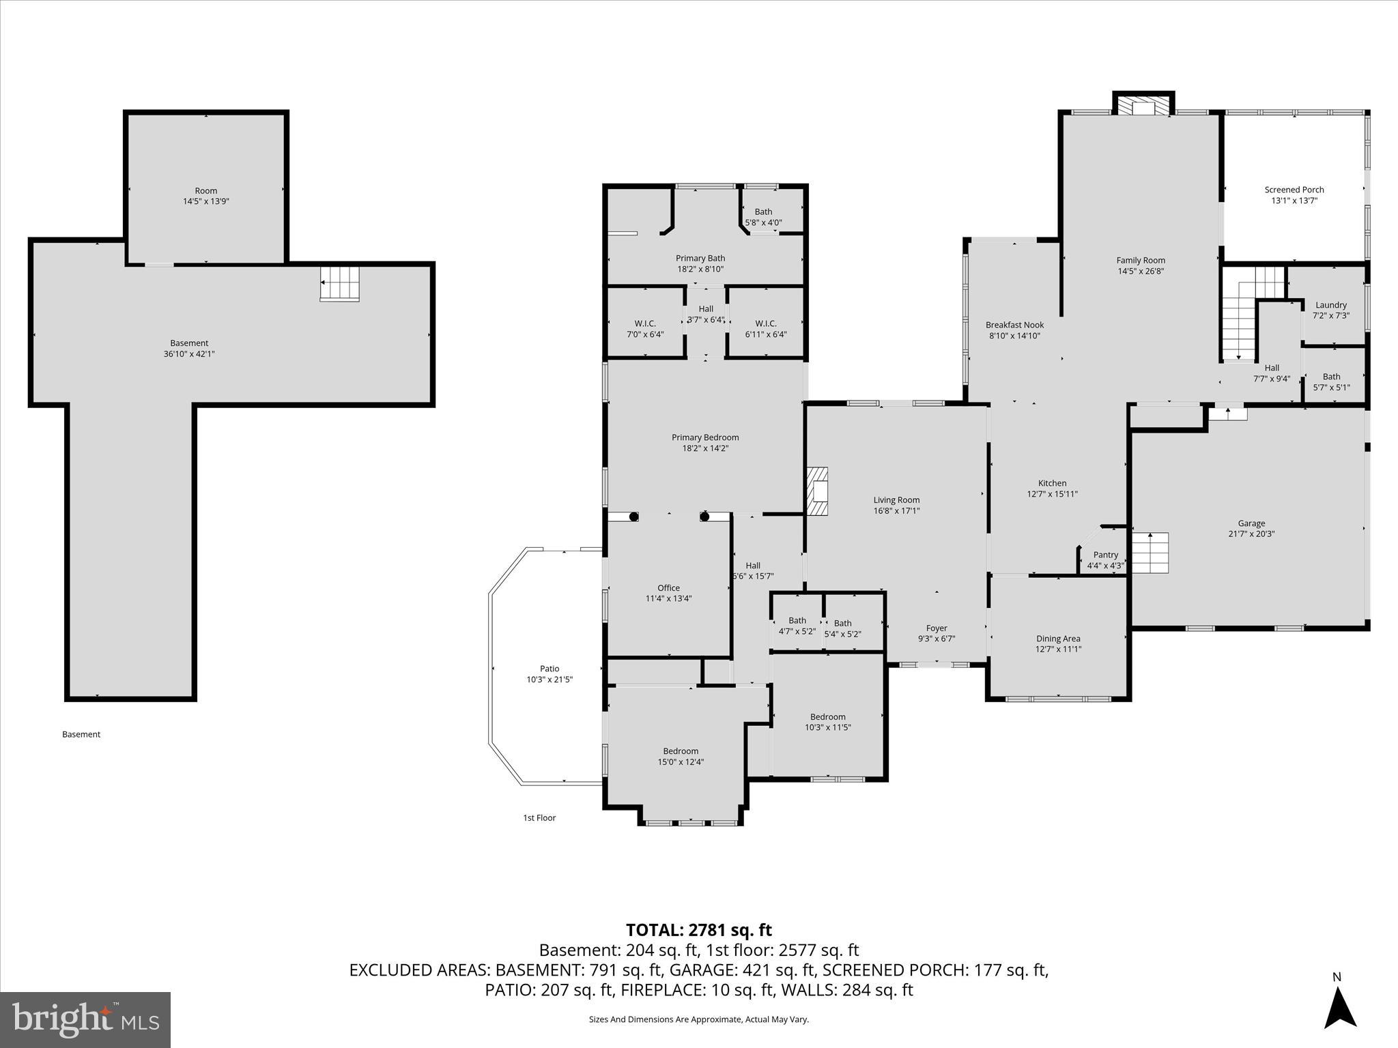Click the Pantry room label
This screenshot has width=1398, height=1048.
click(1105, 555)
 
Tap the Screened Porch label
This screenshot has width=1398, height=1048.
click(1294, 190)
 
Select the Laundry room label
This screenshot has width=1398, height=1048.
click(1330, 305)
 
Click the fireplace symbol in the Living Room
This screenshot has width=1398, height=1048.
click(817, 491)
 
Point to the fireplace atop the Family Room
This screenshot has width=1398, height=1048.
click(1143, 106)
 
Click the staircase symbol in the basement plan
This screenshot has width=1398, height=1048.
click(339, 283)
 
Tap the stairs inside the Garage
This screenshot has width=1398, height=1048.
click(1150, 553)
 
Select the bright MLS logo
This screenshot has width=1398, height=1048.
click(85, 1019)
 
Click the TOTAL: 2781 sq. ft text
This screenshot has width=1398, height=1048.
click(698, 930)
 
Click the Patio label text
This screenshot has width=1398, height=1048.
click(550, 669)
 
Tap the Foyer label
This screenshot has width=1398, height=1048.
click(936, 628)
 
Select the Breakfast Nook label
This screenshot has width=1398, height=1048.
click(1014, 325)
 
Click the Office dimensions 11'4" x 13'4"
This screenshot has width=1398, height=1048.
click(668, 598)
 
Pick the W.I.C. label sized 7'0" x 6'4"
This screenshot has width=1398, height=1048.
click(644, 323)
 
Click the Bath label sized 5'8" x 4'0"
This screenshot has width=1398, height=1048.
click(763, 212)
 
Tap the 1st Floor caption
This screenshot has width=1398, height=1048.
click(539, 817)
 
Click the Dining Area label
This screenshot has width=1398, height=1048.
click(1057, 639)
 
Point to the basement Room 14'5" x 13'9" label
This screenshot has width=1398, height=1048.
click(205, 191)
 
